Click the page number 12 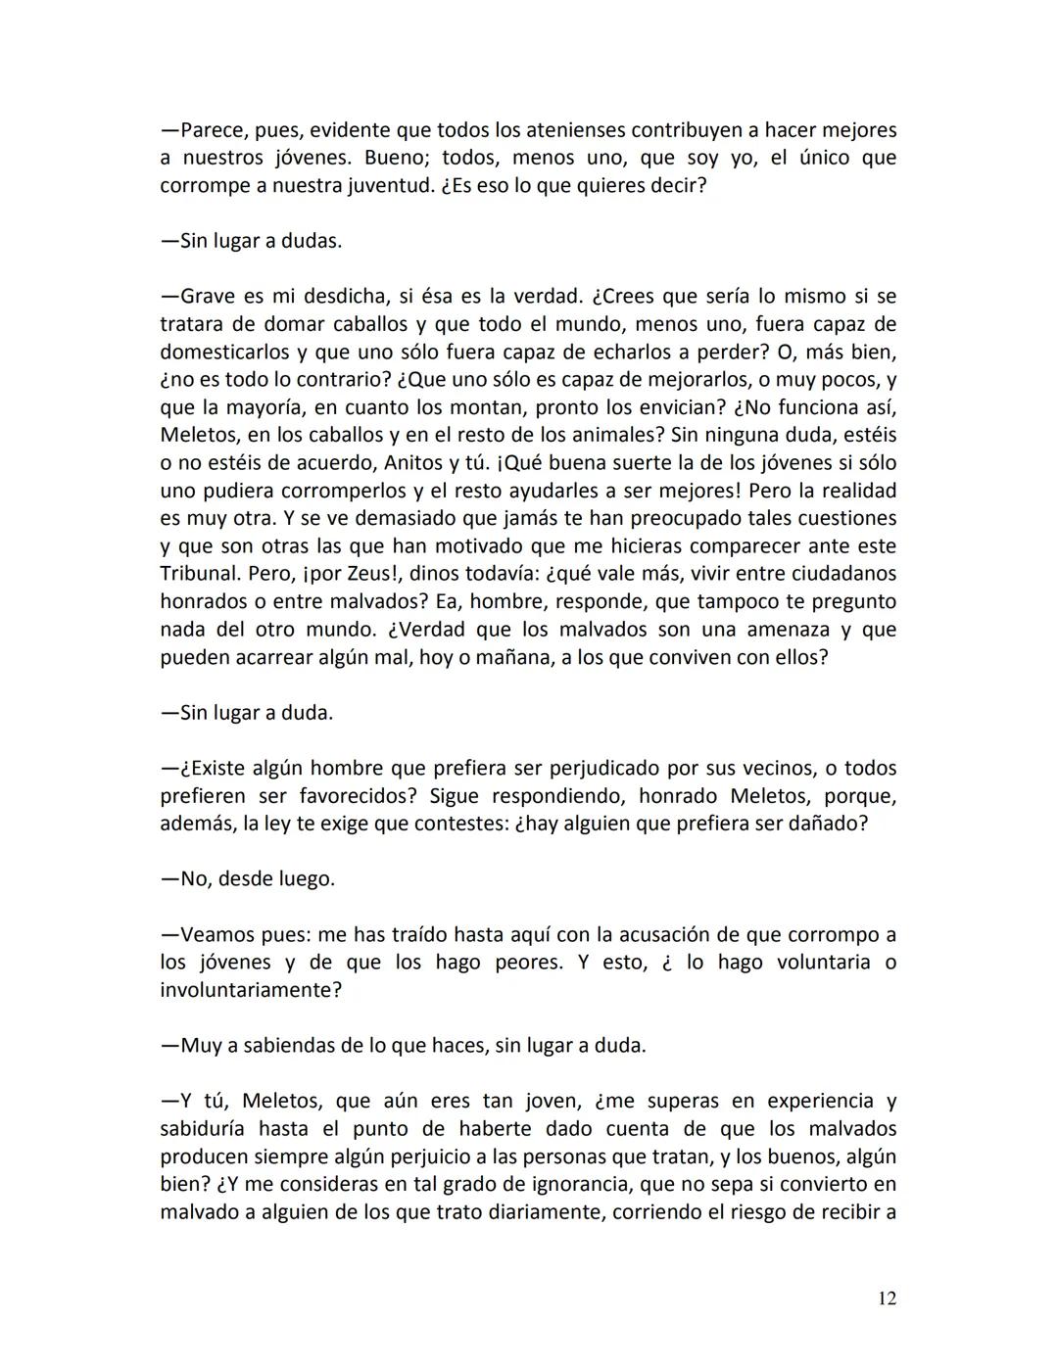click(x=887, y=1298)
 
